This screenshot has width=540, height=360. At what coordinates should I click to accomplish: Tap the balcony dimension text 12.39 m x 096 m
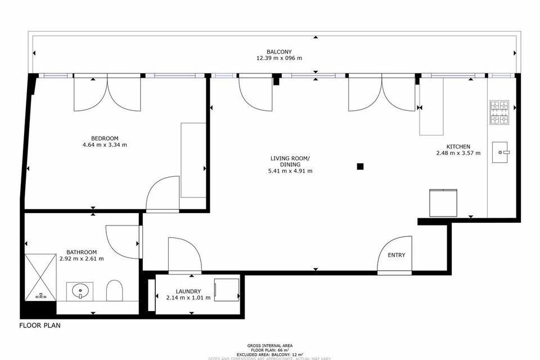[279, 58]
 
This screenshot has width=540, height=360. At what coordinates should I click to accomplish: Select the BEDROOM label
[105, 138]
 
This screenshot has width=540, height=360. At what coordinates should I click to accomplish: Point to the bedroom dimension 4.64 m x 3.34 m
[105, 145]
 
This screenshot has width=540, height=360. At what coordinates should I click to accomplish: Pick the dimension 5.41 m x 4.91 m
[290, 171]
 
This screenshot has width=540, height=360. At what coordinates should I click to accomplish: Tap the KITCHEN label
[459, 146]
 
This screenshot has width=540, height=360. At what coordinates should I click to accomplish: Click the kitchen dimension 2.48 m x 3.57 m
[459, 153]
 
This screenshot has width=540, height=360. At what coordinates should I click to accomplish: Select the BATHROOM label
[82, 252]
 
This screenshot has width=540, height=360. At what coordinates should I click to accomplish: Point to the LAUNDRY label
[188, 291]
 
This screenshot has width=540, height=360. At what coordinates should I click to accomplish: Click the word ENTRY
[397, 255]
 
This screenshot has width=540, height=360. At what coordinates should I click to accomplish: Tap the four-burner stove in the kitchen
[499, 112]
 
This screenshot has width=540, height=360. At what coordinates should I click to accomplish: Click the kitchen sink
[501, 152]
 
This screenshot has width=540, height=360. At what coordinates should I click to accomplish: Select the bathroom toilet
[115, 290]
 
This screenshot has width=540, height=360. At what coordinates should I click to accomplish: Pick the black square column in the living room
[360, 166]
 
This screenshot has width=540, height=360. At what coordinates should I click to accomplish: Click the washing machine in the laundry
[226, 290]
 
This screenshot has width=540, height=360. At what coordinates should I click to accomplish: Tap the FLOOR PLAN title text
[40, 325]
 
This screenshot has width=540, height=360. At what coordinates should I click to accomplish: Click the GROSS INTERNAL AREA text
[269, 345]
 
